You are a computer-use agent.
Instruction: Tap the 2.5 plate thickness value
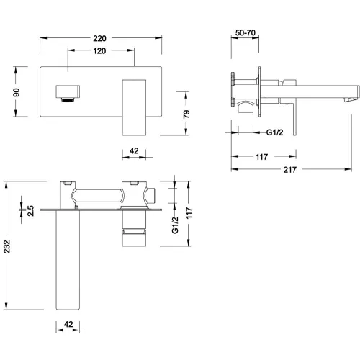click(x=30, y=210)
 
